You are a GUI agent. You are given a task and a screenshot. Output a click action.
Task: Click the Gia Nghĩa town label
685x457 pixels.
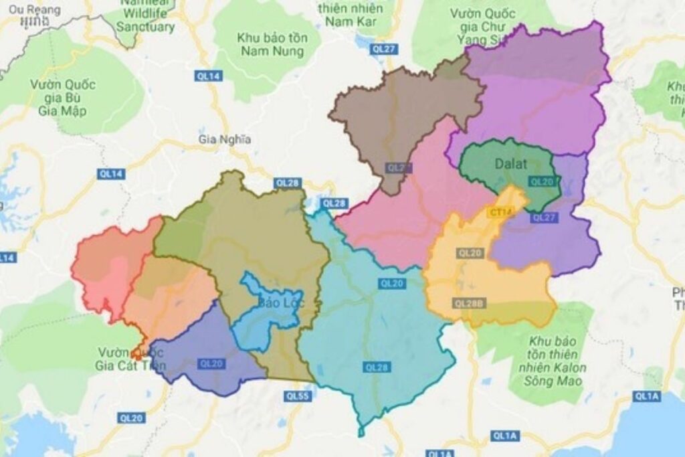225,139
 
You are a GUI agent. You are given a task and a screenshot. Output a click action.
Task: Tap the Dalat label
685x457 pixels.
512,163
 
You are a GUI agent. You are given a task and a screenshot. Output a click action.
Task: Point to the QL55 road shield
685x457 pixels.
295,396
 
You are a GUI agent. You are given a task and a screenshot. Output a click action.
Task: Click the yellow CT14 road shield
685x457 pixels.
500,213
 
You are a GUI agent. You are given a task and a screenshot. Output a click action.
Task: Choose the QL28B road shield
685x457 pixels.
468,303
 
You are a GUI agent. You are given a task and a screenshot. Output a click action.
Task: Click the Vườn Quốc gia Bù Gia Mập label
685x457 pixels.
63,97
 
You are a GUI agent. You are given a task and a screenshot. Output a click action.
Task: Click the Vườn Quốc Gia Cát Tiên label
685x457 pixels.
131,359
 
